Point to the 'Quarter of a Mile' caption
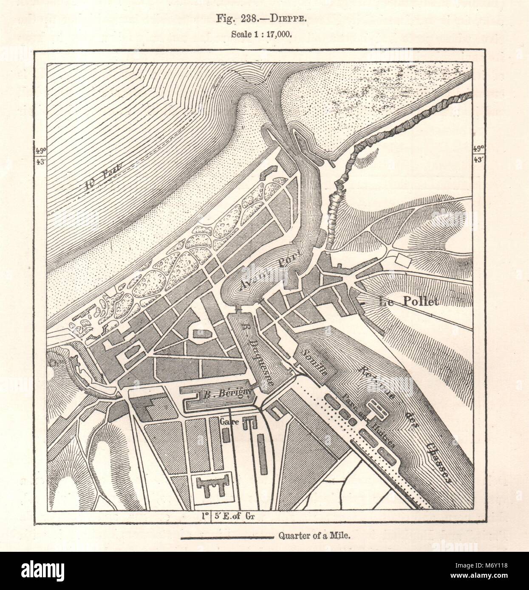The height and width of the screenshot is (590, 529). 314,537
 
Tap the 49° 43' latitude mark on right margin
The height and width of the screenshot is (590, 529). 479,153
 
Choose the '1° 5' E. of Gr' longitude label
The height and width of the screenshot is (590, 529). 229,516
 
